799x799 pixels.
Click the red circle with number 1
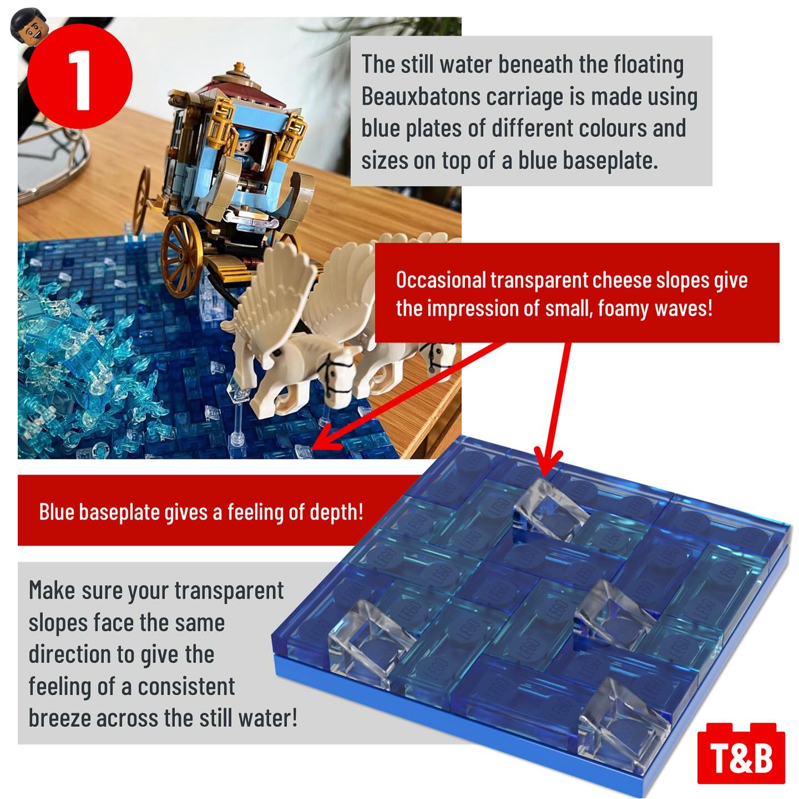coord(80,76)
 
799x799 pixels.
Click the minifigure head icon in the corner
coord(29,27)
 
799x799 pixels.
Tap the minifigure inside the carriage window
coord(247,147)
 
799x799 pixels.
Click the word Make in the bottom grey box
coord(52,590)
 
